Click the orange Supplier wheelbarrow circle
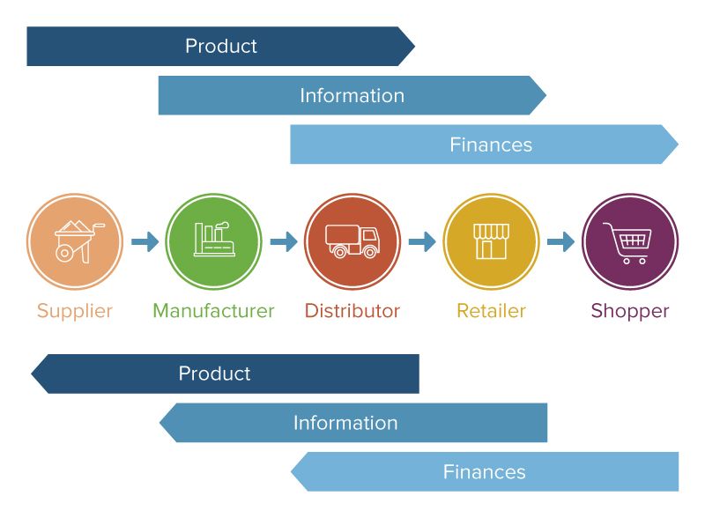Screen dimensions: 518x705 [x=74, y=241]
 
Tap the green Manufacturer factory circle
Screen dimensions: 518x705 [x=213, y=241]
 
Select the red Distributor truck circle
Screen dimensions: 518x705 [x=352, y=241]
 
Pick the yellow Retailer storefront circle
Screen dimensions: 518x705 [x=491, y=241]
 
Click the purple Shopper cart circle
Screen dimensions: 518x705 [x=629, y=241]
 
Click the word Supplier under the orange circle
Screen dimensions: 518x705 [x=75, y=311]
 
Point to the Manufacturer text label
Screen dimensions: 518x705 [x=213, y=311]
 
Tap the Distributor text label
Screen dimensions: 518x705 [x=352, y=311]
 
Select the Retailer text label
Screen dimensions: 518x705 [x=491, y=311]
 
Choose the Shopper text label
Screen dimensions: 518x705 [x=629, y=311]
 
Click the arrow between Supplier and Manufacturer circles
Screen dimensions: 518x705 [x=145, y=241]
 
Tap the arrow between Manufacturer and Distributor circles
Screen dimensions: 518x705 [x=283, y=241]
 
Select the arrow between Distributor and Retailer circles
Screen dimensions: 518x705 [x=422, y=241]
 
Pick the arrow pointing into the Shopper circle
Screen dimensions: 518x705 [x=560, y=241]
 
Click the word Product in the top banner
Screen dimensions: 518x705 [x=221, y=46]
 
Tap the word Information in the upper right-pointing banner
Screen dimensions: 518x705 [x=352, y=95]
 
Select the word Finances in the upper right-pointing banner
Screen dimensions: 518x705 [x=491, y=144]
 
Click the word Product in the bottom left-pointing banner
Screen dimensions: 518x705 [x=214, y=374]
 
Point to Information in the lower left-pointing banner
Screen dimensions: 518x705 [x=345, y=423]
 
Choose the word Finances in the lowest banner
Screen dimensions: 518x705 [x=484, y=472]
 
